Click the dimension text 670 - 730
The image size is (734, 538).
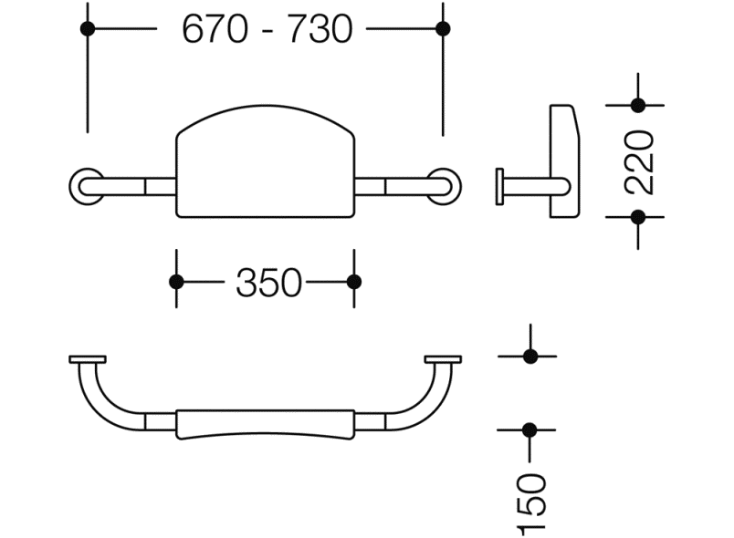pos(267,29)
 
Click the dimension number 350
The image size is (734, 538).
pos(267,283)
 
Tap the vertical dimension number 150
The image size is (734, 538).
pos(530,503)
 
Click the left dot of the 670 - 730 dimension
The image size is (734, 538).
pos(88,28)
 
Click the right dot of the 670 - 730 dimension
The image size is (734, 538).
pos(443,28)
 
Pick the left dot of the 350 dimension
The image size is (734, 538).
pos(177,282)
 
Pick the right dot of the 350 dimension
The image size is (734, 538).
pos(354,282)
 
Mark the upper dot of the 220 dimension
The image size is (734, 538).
pos(638,105)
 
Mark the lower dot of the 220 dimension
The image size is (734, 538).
pos(638,217)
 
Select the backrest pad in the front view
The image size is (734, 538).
pos(265,164)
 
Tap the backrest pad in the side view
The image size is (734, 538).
pos(563,160)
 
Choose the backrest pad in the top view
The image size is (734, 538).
pos(265,424)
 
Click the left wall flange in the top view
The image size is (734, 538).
pos(88,359)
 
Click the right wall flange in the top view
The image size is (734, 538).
pos(443,359)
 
